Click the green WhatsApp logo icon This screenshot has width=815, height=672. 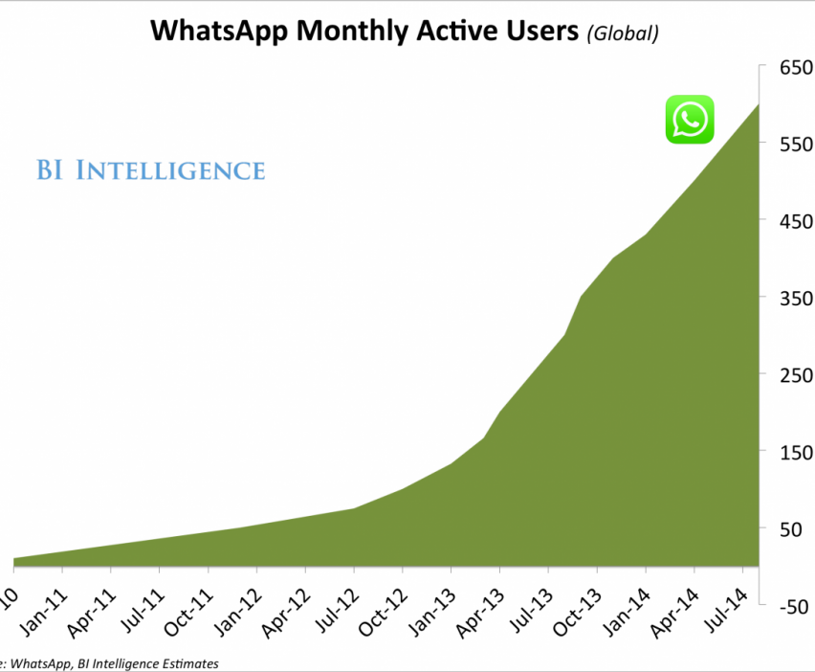pyautogui.click(x=690, y=120)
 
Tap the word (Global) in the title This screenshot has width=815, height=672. pyautogui.click(x=623, y=34)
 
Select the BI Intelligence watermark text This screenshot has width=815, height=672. pyautogui.click(x=151, y=170)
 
